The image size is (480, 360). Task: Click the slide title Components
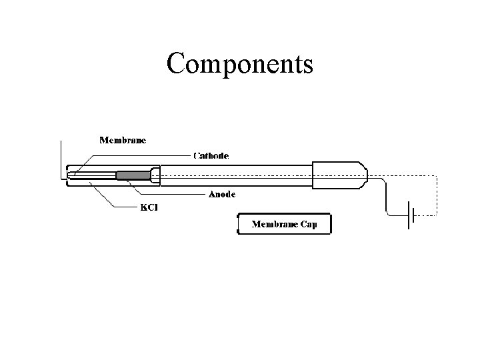click(240, 64)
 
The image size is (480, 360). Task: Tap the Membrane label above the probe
click(123, 140)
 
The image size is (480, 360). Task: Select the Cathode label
click(211, 155)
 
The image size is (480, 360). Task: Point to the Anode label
click(223, 195)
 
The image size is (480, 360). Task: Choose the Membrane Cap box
click(284, 224)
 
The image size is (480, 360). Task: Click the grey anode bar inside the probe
click(133, 175)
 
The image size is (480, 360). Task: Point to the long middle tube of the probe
click(237, 176)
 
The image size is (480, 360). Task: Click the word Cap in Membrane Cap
click(309, 224)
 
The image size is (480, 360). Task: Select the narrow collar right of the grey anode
click(156, 175)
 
